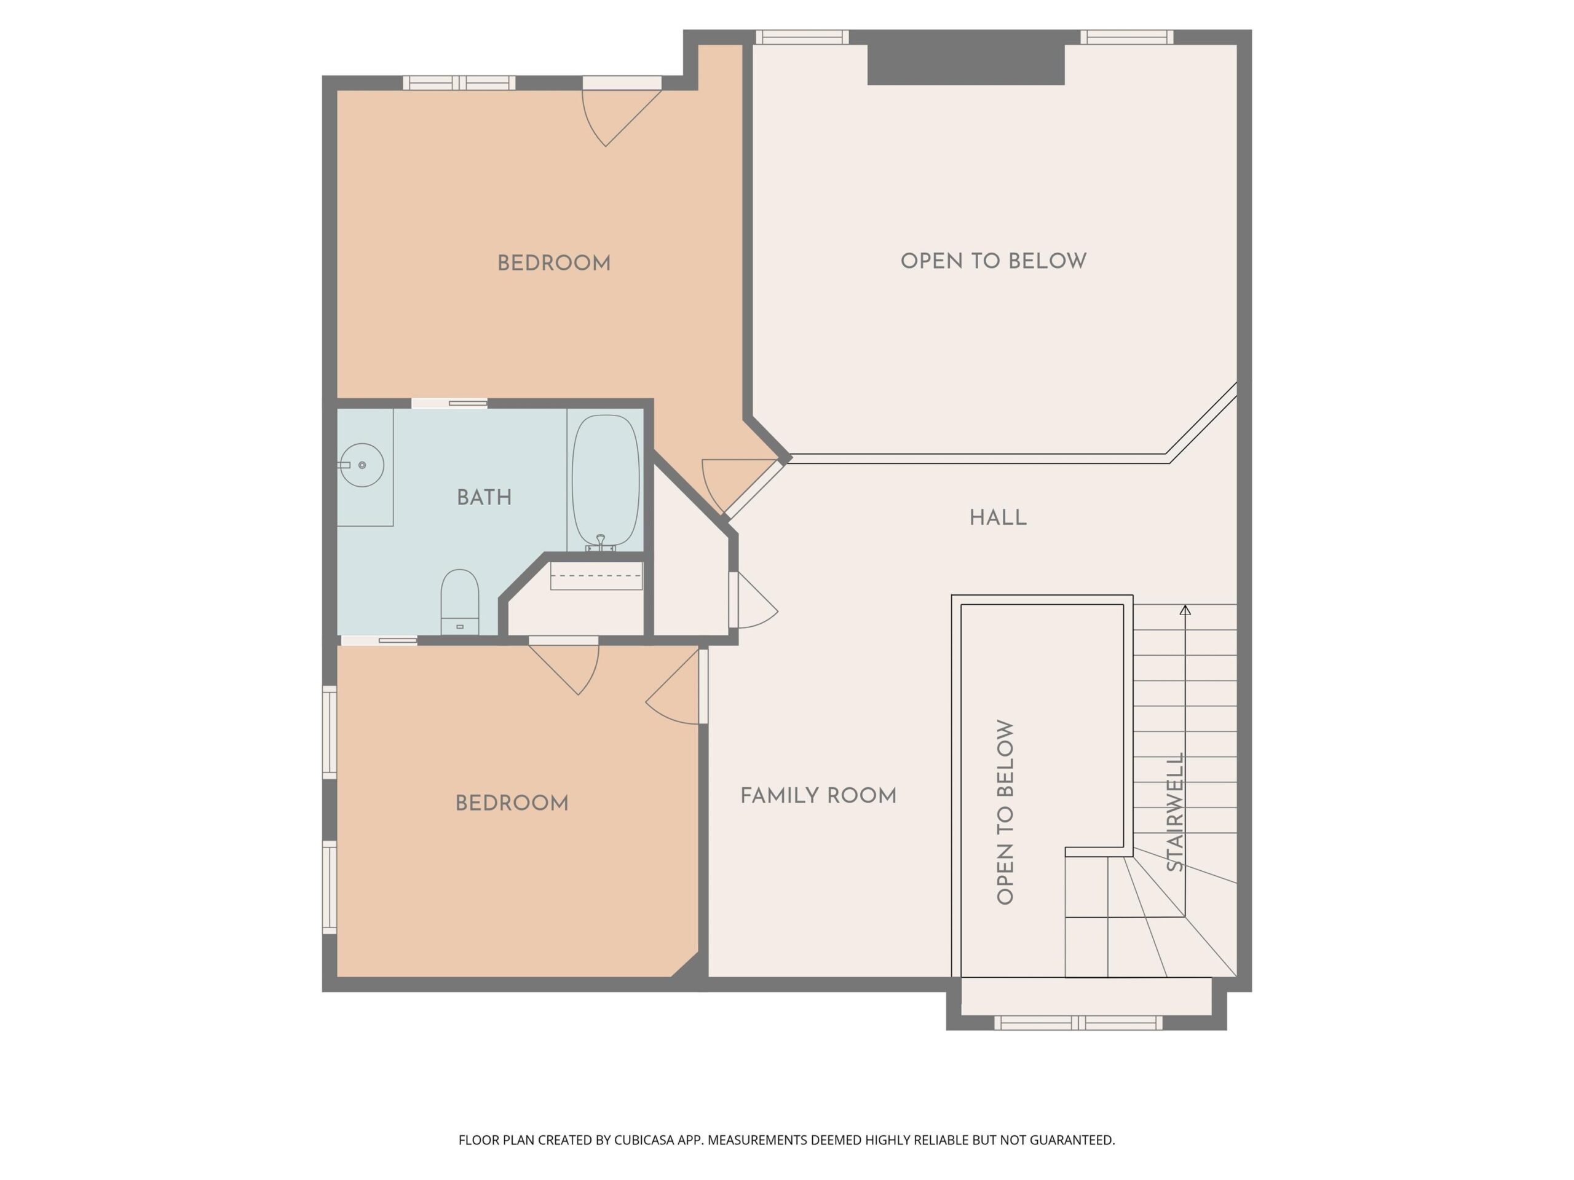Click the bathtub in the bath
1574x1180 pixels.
606,481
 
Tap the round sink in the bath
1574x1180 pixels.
362,465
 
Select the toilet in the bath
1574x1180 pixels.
460,602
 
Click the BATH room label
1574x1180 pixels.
484,497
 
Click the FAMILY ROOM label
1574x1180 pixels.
818,795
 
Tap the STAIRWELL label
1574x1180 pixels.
1176,812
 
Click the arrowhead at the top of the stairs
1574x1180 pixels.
1185,610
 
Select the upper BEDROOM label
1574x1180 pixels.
553,263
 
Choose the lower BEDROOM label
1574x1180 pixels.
512,803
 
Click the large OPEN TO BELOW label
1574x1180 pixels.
994,261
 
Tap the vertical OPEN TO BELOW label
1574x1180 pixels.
1005,812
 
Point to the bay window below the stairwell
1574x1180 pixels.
1078,1023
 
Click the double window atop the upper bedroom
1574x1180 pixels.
459,82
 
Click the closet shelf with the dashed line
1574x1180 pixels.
596,575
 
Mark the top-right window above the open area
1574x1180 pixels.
1126,37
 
